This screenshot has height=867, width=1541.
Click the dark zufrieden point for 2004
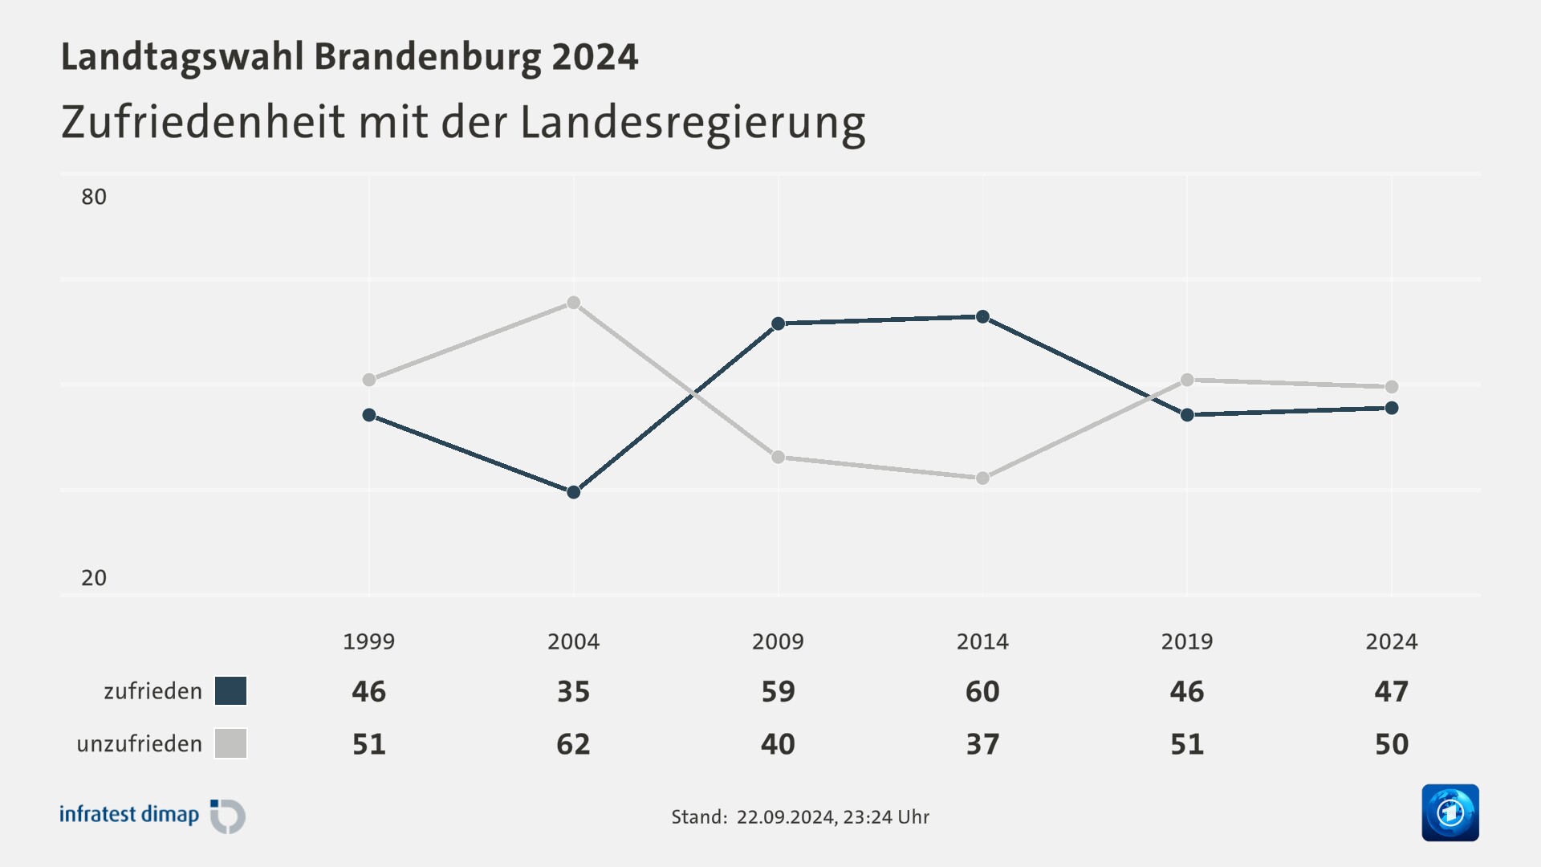click(x=573, y=492)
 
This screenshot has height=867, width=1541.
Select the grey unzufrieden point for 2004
click(x=573, y=303)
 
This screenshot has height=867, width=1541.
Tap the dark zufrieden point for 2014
click(x=982, y=317)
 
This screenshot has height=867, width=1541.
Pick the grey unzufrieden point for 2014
click(x=982, y=478)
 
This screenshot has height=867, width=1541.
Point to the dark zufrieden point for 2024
click(x=1392, y=408)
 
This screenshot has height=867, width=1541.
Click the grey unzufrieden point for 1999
click(x=369, y=380)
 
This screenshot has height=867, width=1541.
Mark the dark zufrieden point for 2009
click(x=778, y=324)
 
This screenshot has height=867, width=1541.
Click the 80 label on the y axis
click(x=94, y=197)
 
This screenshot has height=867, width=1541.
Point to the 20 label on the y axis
click(x=94, y=578)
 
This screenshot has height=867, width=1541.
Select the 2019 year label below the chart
click(x=1186, y=641)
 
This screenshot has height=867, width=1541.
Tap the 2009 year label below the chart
click(x=778, y=641)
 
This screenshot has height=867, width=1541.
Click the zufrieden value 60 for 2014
click(x=982, y=691)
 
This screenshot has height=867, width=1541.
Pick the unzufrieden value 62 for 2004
click(x=573, y=744)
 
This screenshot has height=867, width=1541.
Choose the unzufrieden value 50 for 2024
click(x=1391, y=744)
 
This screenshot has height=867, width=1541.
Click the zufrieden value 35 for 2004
click(x=573, y=691)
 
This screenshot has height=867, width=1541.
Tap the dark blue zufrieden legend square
click(x=230, y=691)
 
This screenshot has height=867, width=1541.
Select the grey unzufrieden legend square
click(x=230, y=743)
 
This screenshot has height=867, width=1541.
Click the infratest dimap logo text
click(x=129, y=815)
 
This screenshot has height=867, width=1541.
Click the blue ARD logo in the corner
click(x=1450, y=812)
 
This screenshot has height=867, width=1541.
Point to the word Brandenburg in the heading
click(x=427, y=57)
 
